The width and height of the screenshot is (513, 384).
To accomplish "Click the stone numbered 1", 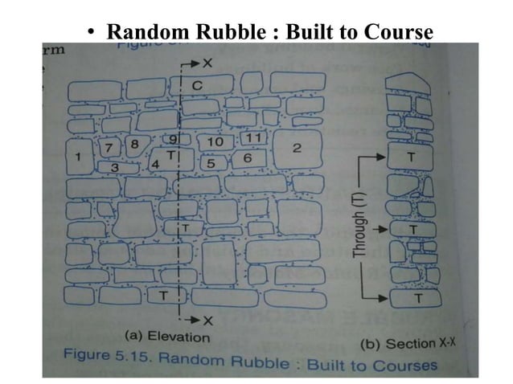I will (78, 157).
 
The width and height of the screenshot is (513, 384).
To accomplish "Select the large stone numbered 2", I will (297, 149).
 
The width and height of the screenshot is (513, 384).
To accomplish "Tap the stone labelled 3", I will (115, 167).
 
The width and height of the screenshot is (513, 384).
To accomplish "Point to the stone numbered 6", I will (248, 158).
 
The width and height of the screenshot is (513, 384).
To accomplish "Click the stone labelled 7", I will (108, 147).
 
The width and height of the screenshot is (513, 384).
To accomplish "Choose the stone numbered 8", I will (134, 145).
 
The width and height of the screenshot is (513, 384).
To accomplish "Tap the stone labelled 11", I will (252, 138).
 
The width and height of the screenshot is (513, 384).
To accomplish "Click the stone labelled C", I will (197, 84).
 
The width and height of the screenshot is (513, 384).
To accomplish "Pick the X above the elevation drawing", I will (207, 61).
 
